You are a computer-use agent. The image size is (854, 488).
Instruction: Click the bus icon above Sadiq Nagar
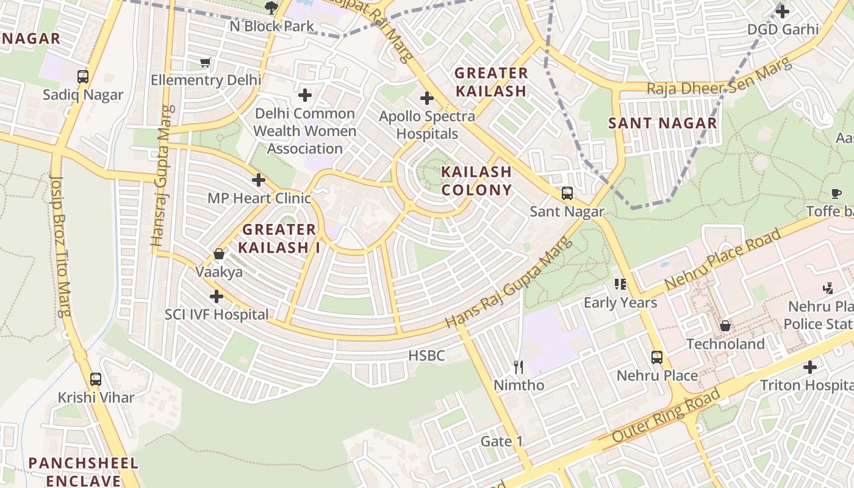83,77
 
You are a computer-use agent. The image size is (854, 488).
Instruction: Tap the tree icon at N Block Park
271,8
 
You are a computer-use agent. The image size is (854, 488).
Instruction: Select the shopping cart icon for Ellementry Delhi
206,62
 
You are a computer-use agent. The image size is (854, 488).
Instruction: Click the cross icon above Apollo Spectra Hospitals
427,98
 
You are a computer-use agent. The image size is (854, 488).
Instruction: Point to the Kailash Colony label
476,181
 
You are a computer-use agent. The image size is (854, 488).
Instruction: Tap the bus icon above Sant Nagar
567,193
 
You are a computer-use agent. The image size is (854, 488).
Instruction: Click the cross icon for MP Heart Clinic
259,180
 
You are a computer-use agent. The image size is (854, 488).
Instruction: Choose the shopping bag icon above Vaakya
219,254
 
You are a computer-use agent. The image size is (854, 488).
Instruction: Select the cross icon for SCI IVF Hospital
216,296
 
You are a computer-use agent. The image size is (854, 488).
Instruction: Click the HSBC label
426,356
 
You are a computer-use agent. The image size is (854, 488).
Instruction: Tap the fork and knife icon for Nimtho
518,367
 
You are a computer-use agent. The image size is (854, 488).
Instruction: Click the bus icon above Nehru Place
657,357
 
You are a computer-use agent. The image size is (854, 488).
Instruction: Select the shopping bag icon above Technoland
725,326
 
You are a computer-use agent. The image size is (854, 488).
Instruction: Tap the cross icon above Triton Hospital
810,367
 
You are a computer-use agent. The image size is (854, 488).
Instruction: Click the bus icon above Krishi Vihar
96,379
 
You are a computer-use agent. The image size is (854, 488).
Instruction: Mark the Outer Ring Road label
666,417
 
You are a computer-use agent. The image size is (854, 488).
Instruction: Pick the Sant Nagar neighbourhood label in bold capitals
662,123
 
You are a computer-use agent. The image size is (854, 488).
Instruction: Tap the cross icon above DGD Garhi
783,11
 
